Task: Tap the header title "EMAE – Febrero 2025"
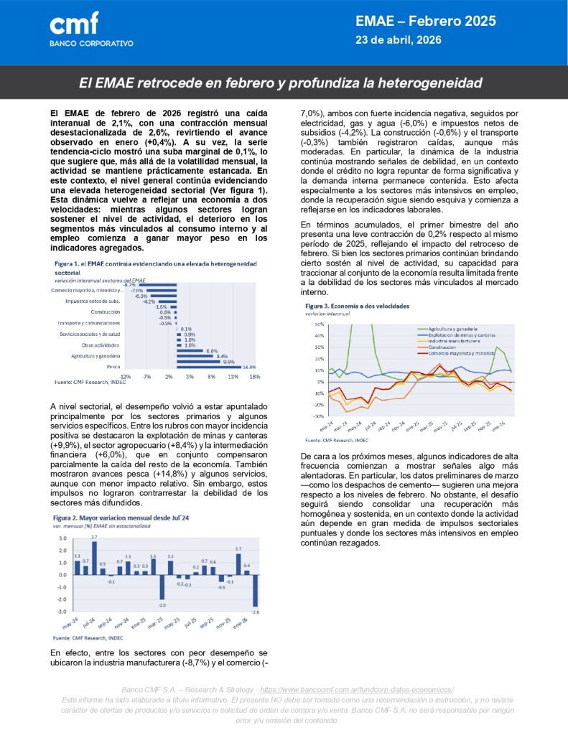(426, 22)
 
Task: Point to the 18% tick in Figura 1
(254, 377)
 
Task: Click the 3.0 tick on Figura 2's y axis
(62, 538)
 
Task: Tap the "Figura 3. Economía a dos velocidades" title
(357, 306)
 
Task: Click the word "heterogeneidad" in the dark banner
(433, 84)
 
